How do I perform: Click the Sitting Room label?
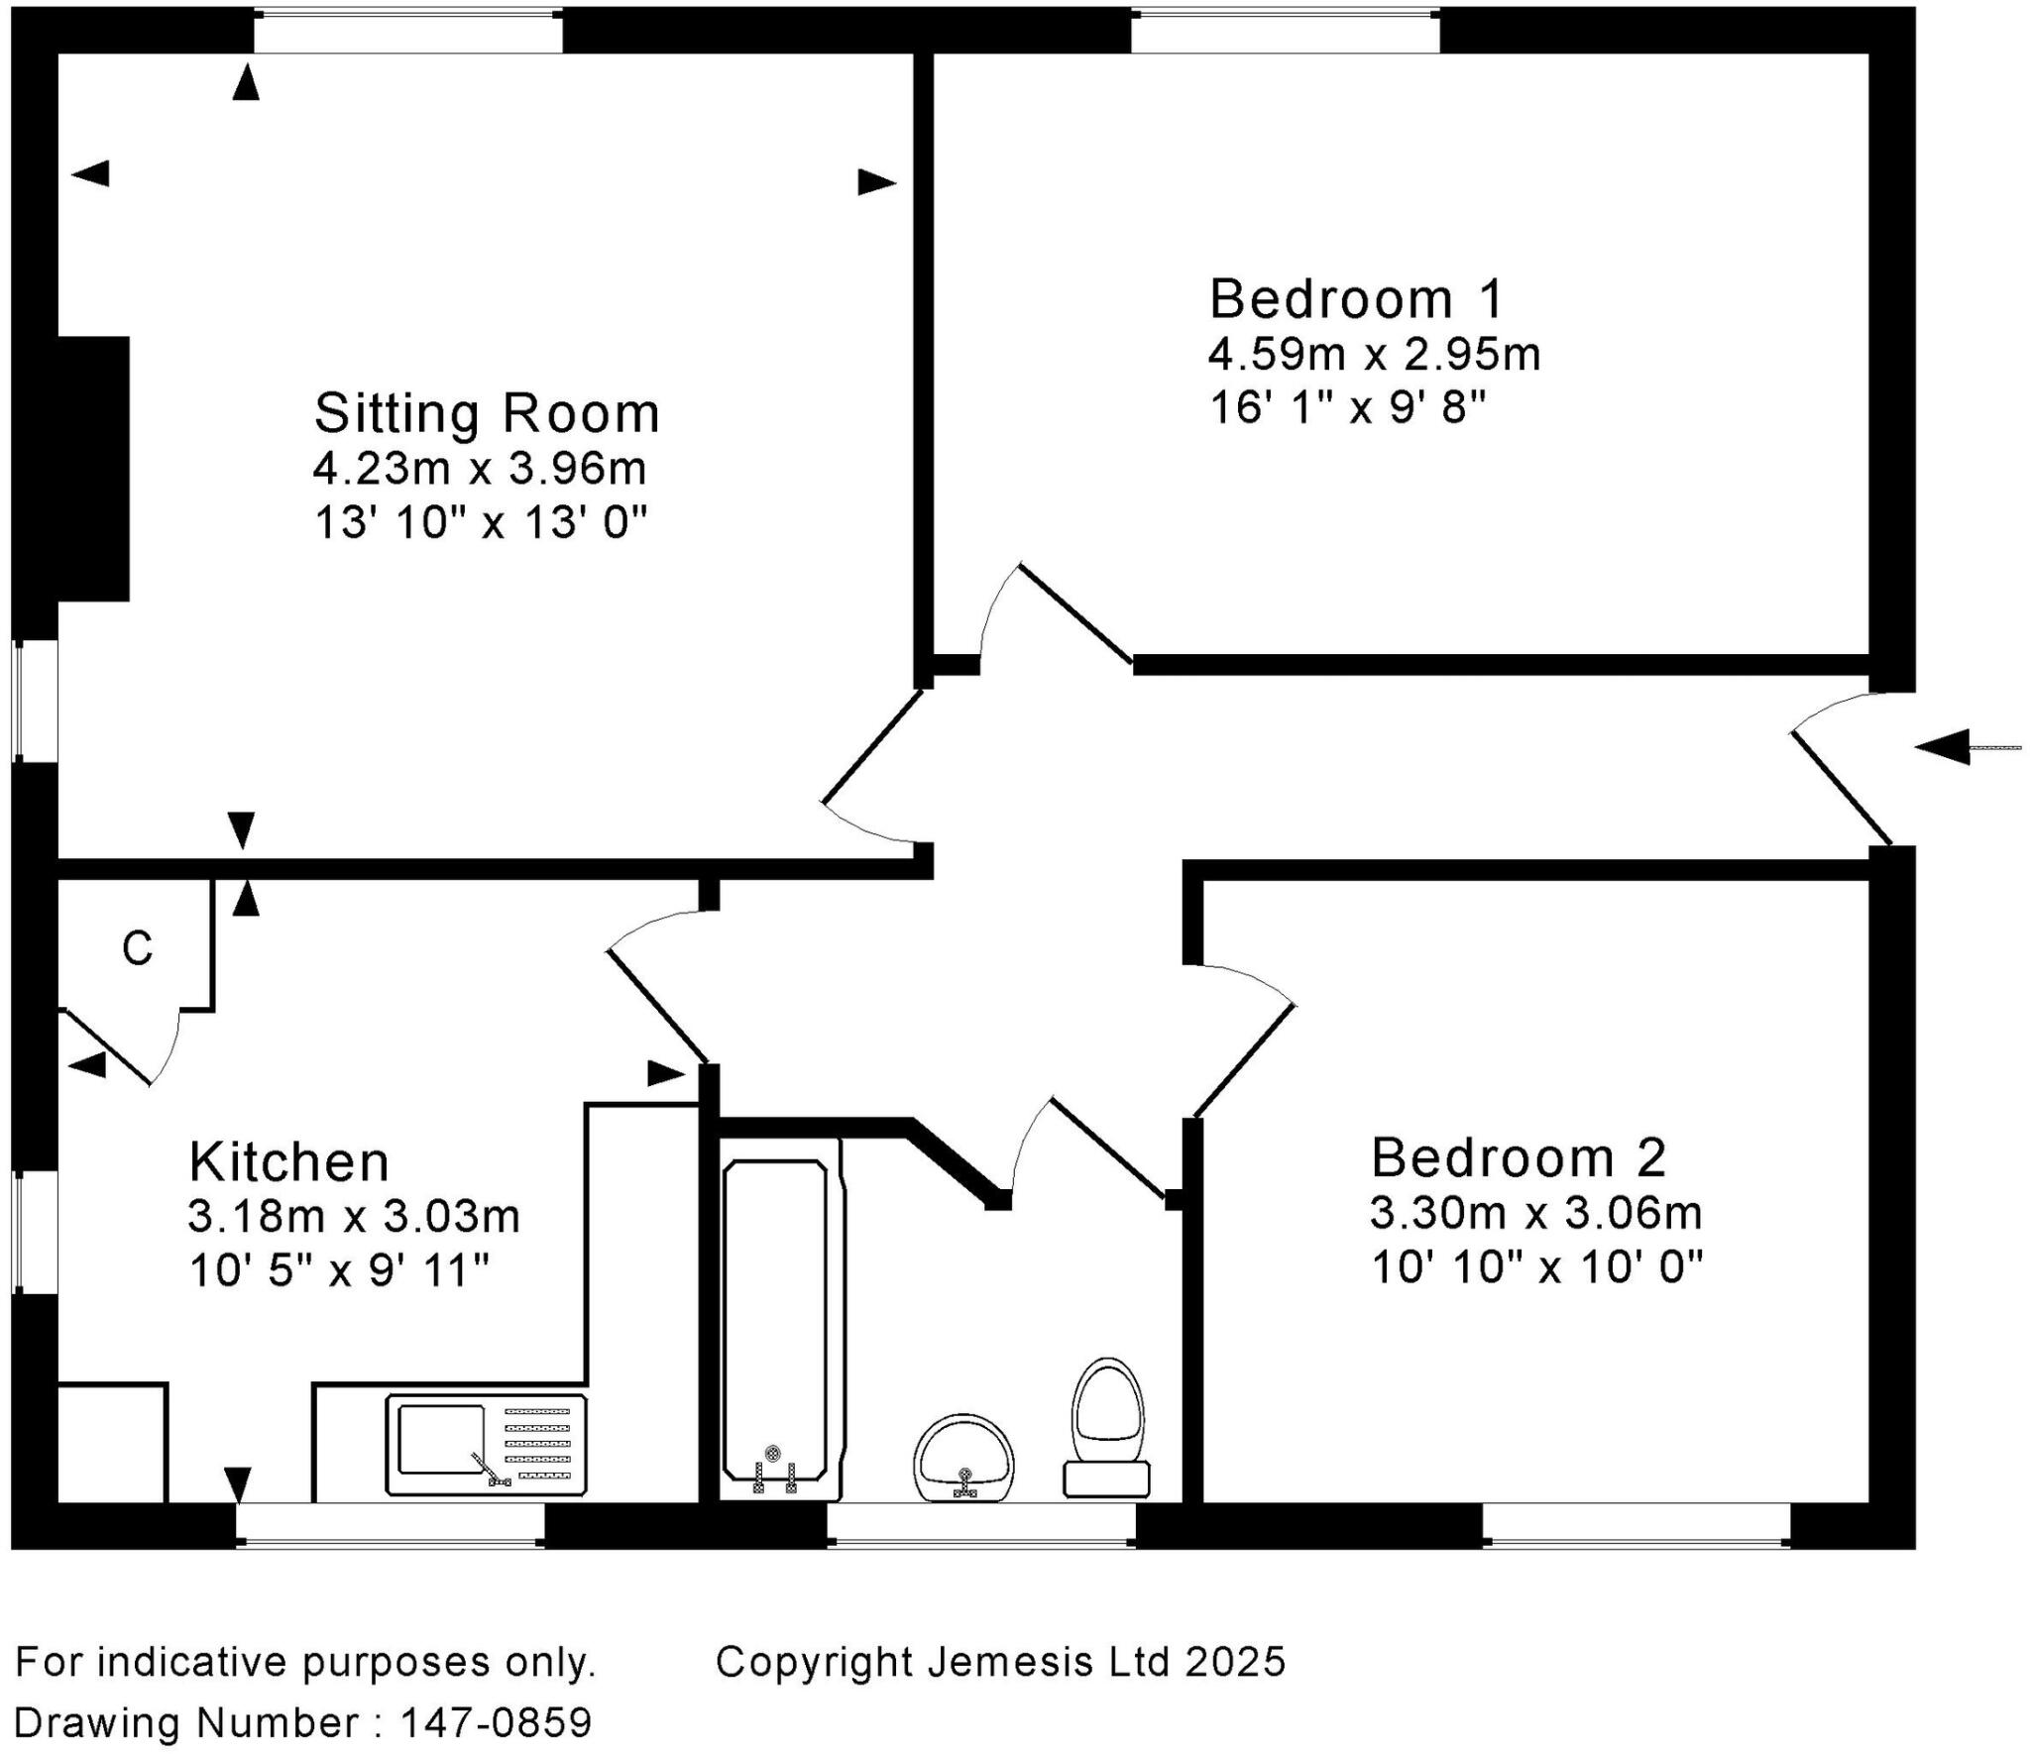[487, 413]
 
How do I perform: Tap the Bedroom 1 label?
[1356, 298]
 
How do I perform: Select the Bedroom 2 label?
[1519, 1157]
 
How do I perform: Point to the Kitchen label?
[289, 1161]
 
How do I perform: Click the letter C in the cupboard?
[137, 948]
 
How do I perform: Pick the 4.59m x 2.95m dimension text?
[1374, 355]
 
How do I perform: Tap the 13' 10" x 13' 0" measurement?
[481, 522]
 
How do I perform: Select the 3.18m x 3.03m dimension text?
[354, 1216]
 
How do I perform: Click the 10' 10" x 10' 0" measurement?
[1536, 1266]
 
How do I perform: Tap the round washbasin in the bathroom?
[964, 1458]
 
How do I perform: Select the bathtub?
[775, 1320]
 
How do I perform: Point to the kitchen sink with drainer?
[486, 1445]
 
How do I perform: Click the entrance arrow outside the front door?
[1963, 746]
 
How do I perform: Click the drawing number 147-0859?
[496, 1722]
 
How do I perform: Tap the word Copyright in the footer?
[815, 1662]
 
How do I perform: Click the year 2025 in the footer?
[1235, 1662]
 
